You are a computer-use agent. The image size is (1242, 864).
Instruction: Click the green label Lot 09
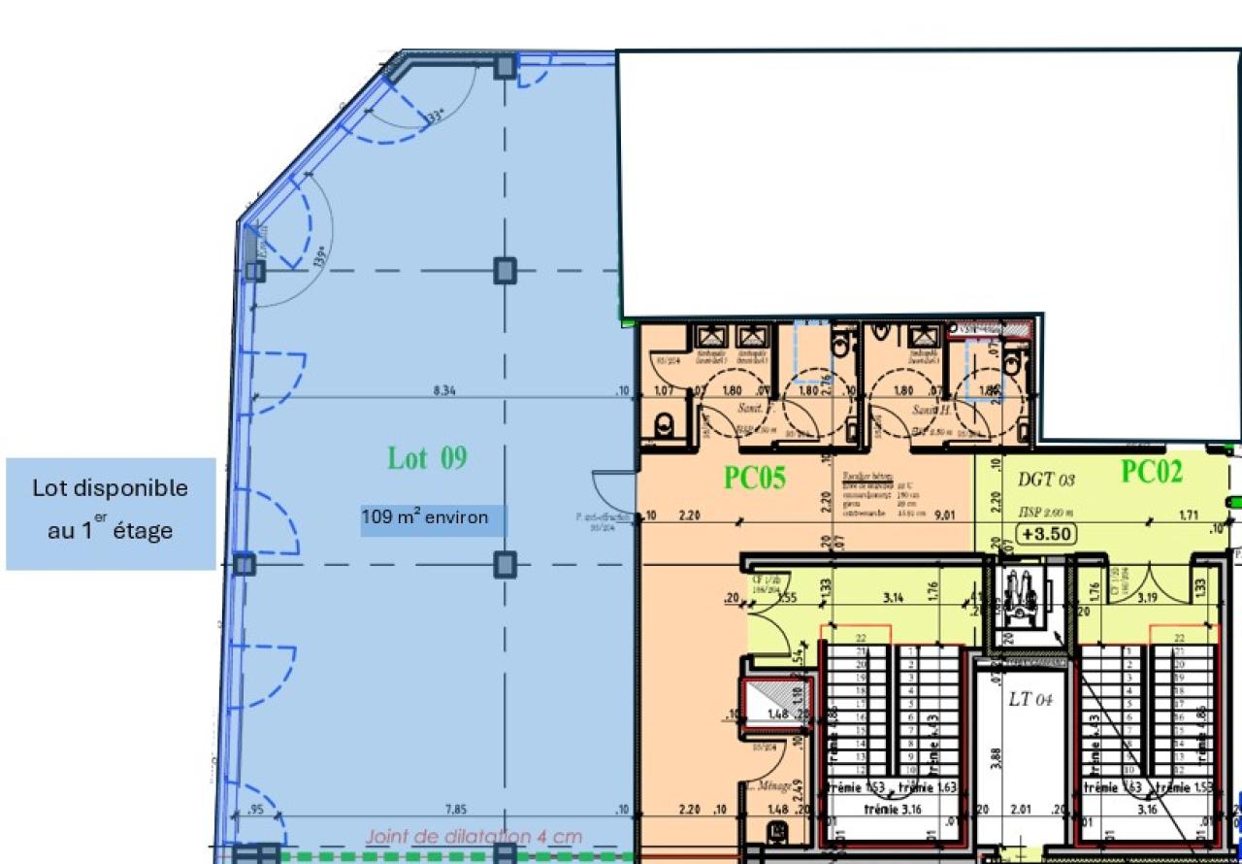coord(427,458)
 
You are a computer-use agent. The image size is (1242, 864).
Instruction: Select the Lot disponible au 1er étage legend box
coord(111,513)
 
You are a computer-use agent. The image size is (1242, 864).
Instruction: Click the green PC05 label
coord(754,478)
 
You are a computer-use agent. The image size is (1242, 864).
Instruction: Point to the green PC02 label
coord(1152,472)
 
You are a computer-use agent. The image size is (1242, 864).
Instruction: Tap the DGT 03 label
coord(1046,479)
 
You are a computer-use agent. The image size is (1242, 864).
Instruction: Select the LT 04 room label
coord(1030,699)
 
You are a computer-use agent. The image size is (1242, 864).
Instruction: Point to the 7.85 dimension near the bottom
coord(456,810)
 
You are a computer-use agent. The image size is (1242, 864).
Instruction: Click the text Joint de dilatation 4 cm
coord(474,837)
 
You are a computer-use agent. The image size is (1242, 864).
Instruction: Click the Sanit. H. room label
coord(930,411)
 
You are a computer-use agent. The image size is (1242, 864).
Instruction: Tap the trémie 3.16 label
coord(893,808)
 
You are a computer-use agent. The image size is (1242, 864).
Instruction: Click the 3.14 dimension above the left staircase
coord(893,598)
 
